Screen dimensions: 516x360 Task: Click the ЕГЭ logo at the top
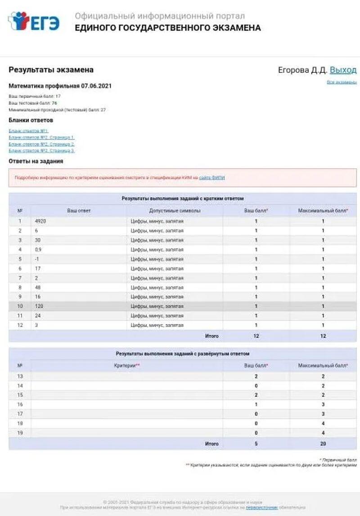(x=34, y=21)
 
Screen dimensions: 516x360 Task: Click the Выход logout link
(x=343, y=70)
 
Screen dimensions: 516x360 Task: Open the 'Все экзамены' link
(x=342, y=82)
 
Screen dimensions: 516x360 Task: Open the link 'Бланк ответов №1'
(x=28, y=131)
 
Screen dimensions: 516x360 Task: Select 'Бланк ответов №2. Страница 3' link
(x=41, y=151)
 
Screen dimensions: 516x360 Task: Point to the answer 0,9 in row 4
(x=38, y=250)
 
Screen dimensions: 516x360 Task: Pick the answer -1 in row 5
(x=37, y=259)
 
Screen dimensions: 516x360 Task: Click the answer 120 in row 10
(x=39, y=306)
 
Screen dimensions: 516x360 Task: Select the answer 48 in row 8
(x=37, y=287)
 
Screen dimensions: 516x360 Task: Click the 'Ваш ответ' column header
(x=79, y=211)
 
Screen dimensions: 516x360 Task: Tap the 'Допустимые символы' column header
(x=175, y=211)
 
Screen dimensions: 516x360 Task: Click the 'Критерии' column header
(x=127, y=366)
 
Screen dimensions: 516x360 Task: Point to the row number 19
(x=20, y=433)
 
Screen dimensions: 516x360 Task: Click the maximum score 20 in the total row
(x=323, y=444)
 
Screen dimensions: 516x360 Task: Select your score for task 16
(x=256, y=404)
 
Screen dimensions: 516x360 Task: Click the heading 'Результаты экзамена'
(x=51, y=70)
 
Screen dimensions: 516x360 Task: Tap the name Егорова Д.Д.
(x=302, y=70)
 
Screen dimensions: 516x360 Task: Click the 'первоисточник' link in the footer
(x=261, y=507)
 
